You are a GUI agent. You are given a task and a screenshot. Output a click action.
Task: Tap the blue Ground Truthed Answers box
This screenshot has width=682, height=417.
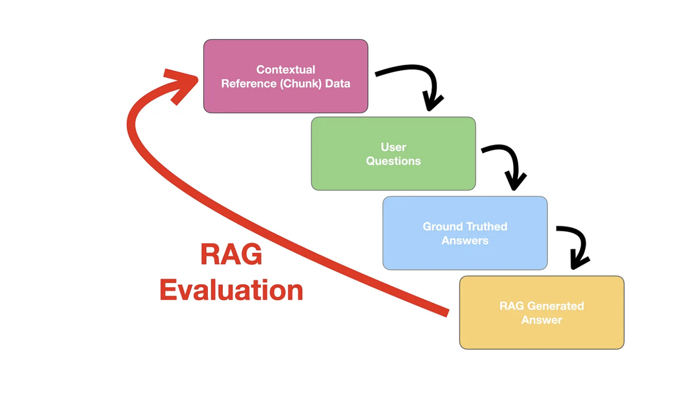click(465, 255)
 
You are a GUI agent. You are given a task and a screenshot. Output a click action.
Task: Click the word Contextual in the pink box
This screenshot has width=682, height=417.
click(285, 69)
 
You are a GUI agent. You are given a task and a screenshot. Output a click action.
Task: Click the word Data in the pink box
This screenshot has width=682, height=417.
click(337, 83)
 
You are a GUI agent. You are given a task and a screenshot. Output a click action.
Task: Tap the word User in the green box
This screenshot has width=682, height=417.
click(393, 147)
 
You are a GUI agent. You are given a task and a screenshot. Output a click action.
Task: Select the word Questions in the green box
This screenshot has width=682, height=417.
click(393, 161)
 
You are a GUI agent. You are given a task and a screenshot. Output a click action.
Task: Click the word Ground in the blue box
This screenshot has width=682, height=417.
click(442, 226)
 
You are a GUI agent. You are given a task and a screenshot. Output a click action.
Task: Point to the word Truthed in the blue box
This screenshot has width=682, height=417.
click(487, 226)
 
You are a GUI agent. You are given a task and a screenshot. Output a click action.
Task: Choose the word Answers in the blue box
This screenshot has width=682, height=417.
click(465, 240)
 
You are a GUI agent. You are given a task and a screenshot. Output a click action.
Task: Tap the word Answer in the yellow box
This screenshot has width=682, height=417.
click(541, 320)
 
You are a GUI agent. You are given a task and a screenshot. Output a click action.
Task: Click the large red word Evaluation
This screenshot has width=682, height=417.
click(231, 290)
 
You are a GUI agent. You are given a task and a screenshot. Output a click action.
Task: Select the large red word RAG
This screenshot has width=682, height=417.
click(231, 255)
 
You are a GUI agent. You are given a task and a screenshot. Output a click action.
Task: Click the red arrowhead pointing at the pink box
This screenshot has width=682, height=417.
click(181, 83)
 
